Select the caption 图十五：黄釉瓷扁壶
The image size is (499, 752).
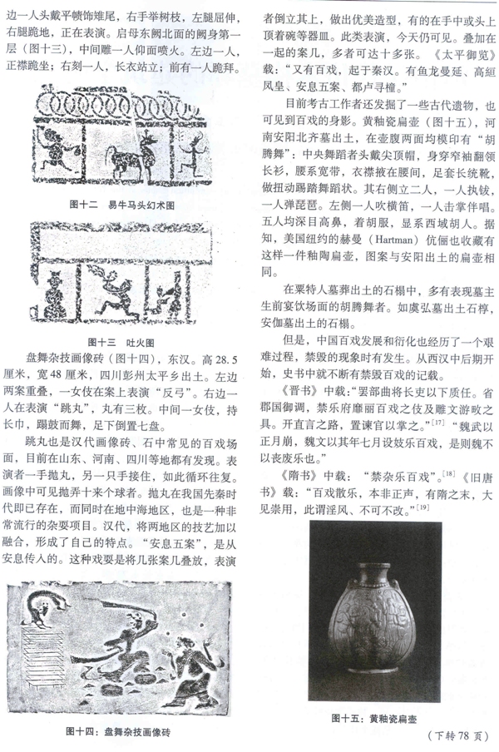coord(373,717)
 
